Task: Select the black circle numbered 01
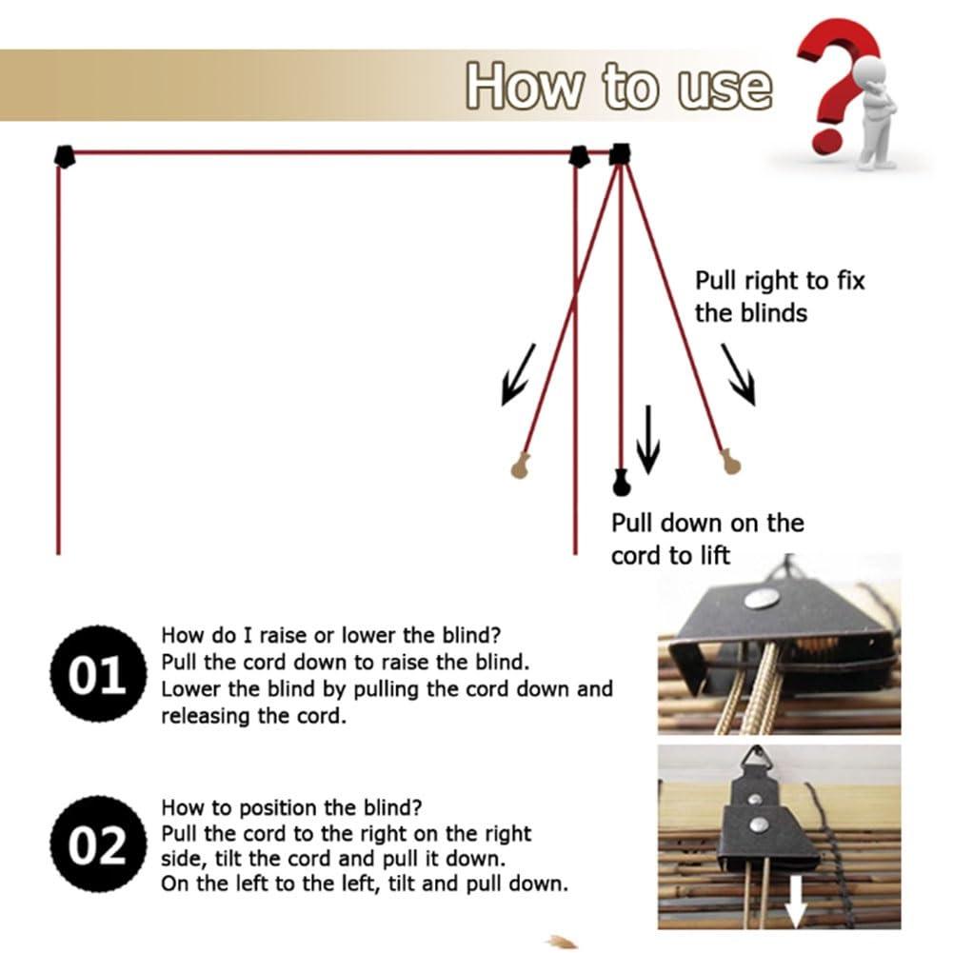point(98,674)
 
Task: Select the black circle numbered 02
point(98,844)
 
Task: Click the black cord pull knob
point(621,483)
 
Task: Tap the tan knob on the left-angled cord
point(520,466)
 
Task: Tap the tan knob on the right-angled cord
point(730,463)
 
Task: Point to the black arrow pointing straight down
point(648,439)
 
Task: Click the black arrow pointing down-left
point(518,374)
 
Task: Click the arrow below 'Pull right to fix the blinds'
point(739,374)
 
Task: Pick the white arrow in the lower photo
point(796,903)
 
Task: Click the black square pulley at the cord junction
point(620,154)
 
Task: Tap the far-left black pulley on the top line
point(64,156)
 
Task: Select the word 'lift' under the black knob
point(715,555)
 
